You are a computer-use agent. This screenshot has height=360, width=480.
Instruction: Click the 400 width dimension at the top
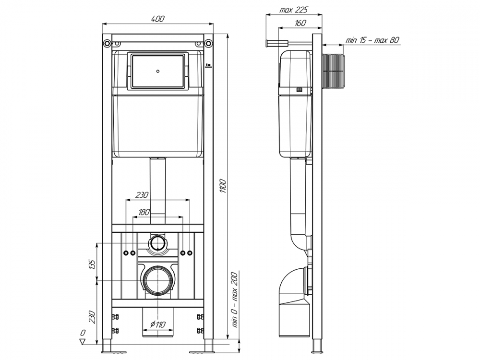[x=157, y=19]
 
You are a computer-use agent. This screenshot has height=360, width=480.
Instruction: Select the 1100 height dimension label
[x=223, y=186]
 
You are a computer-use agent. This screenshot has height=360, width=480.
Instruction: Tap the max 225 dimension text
[x=294, y=10]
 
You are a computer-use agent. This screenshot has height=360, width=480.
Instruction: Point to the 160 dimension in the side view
[x=300, y=23]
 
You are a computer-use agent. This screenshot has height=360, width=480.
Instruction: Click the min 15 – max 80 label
[x=372, y=40]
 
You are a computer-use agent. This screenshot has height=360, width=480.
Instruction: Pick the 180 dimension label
[x=144, y=212]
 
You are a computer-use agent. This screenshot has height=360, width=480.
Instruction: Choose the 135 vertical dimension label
[x=92, y=264]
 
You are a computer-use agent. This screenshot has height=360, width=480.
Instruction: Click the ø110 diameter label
[x=157, y=324]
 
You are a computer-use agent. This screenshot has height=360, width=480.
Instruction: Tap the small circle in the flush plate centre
[x=157, y=72]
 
